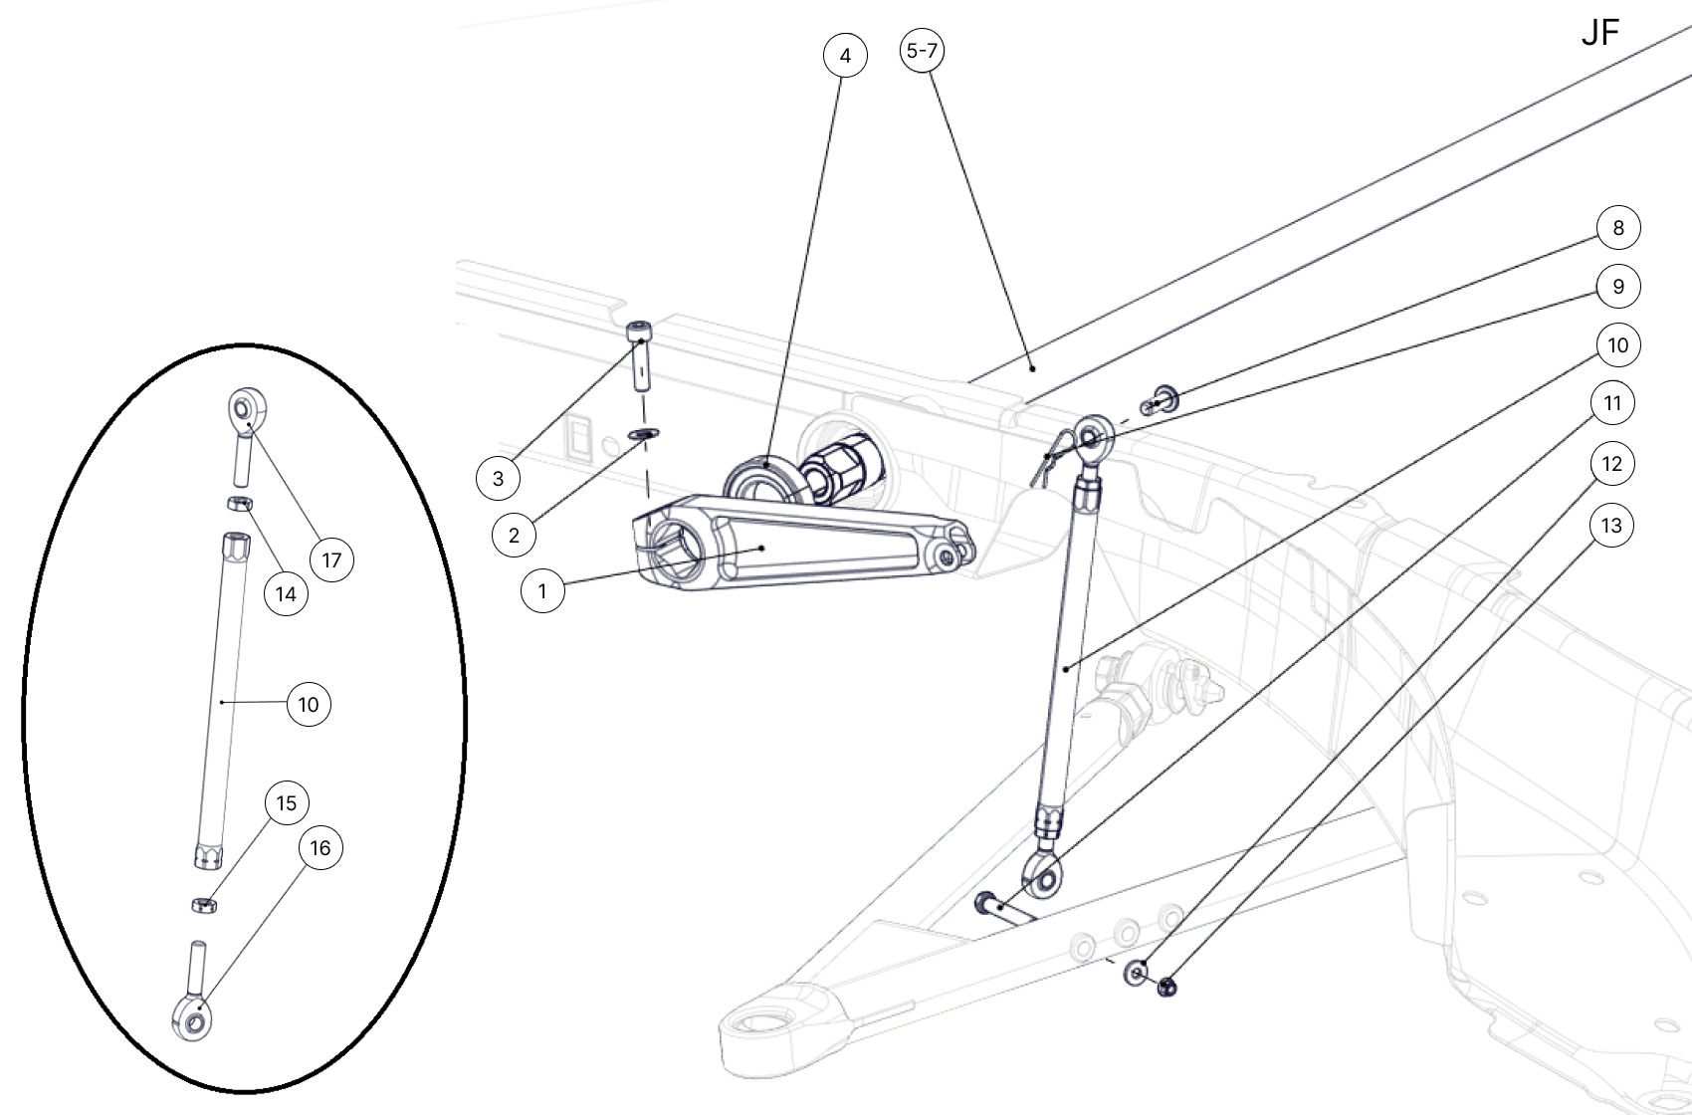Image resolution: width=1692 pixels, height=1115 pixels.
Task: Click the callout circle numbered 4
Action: tap(845, 56)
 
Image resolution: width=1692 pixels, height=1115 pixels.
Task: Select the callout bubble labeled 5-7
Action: tap(923, 50)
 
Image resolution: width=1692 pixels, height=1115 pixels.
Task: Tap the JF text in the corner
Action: tap(1599, 33)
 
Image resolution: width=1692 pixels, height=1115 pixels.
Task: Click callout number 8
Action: tap(1617, 228)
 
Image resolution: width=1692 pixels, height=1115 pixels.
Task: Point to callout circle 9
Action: tap(1617, 287)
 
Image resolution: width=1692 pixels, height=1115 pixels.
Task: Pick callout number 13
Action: tap(1611, 525)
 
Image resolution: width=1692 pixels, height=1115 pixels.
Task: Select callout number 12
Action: tap(1611, 464)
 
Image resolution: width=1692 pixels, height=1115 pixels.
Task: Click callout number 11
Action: tap(1612, 403)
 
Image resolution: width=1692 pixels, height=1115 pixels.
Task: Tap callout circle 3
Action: tap(498, 479)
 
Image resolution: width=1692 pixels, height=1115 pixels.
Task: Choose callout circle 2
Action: tap(514, 536)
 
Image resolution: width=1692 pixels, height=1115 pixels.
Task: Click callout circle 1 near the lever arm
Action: tap(542, 591)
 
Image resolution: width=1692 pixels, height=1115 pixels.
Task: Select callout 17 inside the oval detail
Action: tap(331, 560)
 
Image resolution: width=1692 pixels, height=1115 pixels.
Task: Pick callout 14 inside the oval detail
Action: tap(286, 594)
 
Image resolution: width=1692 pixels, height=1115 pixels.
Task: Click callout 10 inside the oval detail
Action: tap(309, 705)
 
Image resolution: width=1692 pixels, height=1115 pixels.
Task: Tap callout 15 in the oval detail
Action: tap(286, 803)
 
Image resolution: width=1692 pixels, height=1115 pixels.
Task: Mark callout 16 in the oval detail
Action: tap(319, 848)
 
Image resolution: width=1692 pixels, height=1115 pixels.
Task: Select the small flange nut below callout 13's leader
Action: tap(1166, 988)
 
